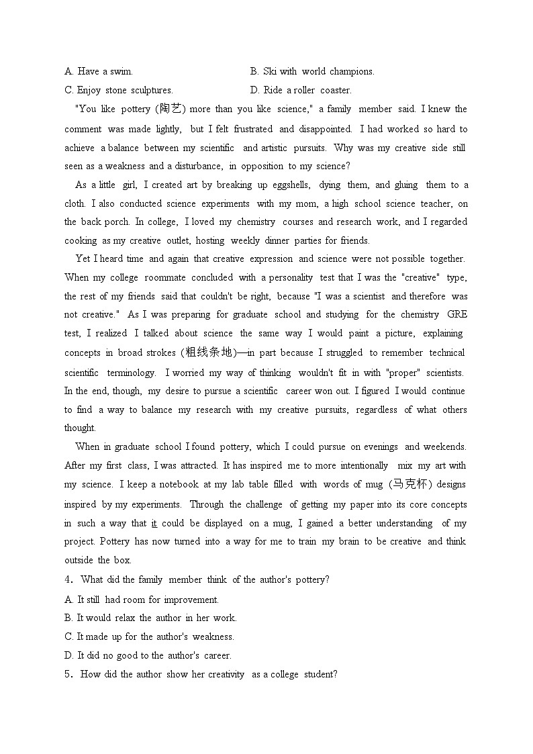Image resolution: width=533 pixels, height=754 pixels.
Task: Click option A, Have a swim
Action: point(99,71)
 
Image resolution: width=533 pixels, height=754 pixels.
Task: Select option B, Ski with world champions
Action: point(312,71)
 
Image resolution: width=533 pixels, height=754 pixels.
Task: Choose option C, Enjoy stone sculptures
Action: point(119,90)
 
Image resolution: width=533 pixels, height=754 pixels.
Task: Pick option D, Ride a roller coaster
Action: point(301,90)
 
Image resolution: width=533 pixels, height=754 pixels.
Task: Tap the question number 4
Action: point(68,579)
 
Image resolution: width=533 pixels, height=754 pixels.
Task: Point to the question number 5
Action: point(68,674)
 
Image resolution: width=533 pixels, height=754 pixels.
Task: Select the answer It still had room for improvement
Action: point(142,600)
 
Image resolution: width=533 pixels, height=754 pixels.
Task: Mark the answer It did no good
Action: point(148,655)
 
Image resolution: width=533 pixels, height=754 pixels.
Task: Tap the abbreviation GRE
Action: point(457,314)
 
